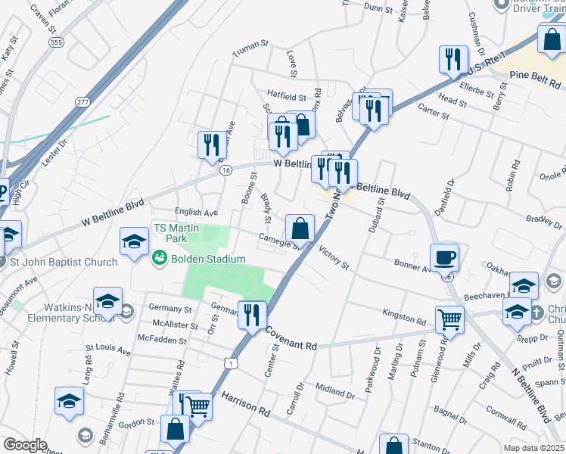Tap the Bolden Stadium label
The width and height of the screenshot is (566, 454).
pyautogui.click(x=207, y=259)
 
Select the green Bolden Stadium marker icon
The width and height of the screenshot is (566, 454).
pyautogui.click(x=159, y=259)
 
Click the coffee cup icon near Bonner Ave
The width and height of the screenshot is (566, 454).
pyautogui.click(x=445, y=257)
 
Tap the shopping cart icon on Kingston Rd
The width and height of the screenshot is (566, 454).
pyautogui.click(x=449, y=319)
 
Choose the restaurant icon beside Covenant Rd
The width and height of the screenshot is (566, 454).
pyautogui.click(x=252, y=313)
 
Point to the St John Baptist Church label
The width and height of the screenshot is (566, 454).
pyautogui.click(x=64, y=263)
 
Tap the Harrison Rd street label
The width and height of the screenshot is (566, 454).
pyautogui.click(x=246, y=404)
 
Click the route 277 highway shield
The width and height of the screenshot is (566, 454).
pyautogui.click(x=82, y=102)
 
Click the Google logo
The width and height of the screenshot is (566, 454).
pyautogui.click(x=25, y=445)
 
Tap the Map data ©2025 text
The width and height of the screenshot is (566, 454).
pyautogui.click(x=533, y=448)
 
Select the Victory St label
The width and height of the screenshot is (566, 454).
pyautogui.click(x=334, y=257)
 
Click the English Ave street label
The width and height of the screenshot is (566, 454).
pyautogui.click(x=195, y=213)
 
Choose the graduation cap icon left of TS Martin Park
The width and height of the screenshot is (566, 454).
pyautogui.click(x=134, y=241)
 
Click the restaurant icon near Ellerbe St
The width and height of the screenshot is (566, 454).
pyautogui.click(x=453, y=59)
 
